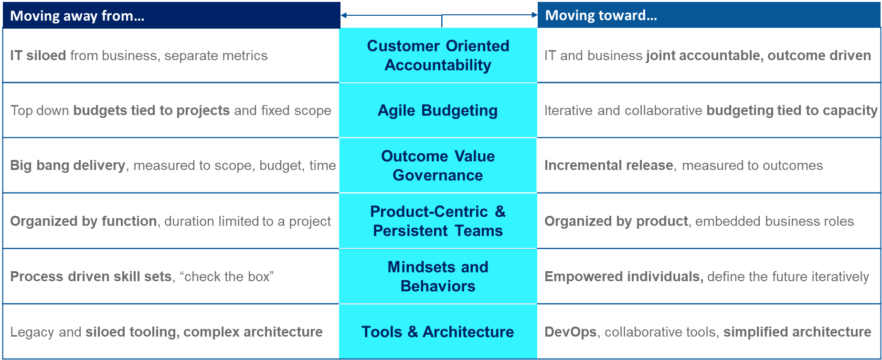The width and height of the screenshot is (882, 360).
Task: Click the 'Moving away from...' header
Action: pyautogui.click(x=171, y=15)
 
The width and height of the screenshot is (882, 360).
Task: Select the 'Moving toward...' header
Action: pyautogui.click(x=709, y=15)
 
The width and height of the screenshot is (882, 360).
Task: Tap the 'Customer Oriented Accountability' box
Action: pyautogui.click(x=438, y=55)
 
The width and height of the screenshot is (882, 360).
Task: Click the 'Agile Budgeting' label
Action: pyautogui.click(x=438, y=110)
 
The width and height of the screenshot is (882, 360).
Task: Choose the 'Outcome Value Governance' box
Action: pyautogui.click(x=438, y=166)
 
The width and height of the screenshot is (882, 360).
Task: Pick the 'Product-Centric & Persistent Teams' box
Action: pyautogui.click(x=438, y=221)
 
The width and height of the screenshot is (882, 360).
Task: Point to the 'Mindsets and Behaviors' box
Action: pyautogui.click(x=438, y=276)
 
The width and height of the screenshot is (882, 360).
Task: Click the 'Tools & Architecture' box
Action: pyautogui.click(x=438, y=332)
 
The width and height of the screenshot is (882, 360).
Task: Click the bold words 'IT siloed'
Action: pyautogui.click(x=38, y=55)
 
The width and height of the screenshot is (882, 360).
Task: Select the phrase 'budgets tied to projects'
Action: pyautogui.click(x=151, y=110)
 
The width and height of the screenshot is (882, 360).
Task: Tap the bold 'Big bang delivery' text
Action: pyautogui.click(x=68, y=165)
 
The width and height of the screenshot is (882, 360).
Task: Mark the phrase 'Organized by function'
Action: pyautogui.click(x=84, y=221)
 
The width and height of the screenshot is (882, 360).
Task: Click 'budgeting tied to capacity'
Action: pyautogui.click(x=792, y=110)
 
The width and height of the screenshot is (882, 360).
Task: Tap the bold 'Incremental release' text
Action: pyautogui.click(x=609, y=165)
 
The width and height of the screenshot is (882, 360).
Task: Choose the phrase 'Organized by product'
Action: pyautogui.click(x=616, y=221)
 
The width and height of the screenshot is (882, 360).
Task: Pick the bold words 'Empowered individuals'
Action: pyautogui.click(x=624, y=276)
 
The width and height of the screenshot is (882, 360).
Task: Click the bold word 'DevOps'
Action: pyautogui.click(x=571, y=332)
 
